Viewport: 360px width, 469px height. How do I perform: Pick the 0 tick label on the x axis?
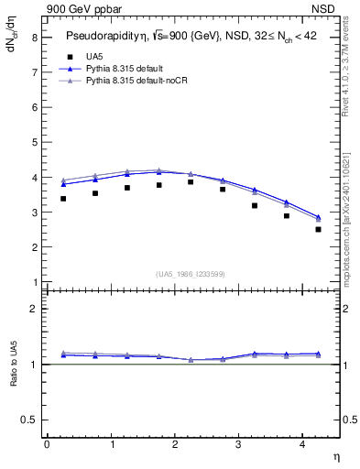tap(47, 444)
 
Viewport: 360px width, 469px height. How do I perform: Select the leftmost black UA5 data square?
tap(62, 199)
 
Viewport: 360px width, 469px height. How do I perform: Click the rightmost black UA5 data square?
tap(318, 229)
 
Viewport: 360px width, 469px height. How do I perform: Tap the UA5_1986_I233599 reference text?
tap(191, 274)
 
